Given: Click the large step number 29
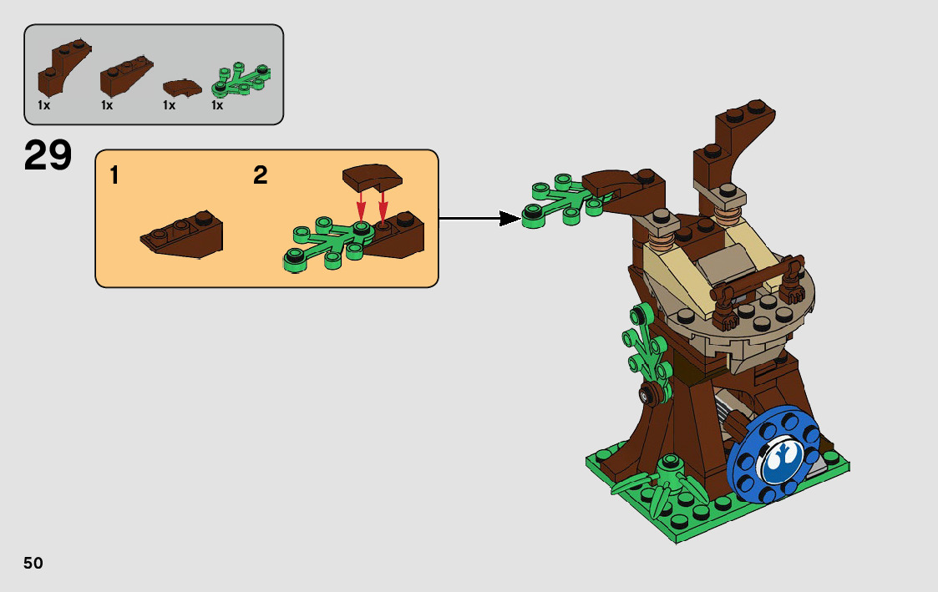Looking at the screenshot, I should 48,155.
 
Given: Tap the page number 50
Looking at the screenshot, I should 33,563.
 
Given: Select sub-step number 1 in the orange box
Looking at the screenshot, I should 114,175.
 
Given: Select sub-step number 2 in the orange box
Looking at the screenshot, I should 261,175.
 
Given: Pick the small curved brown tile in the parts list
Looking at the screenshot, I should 181,86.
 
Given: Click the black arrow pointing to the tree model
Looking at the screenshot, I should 479,218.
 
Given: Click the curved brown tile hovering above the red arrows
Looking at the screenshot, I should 371,177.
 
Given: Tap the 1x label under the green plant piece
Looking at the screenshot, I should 217,105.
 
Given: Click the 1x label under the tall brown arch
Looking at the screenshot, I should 44,105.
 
